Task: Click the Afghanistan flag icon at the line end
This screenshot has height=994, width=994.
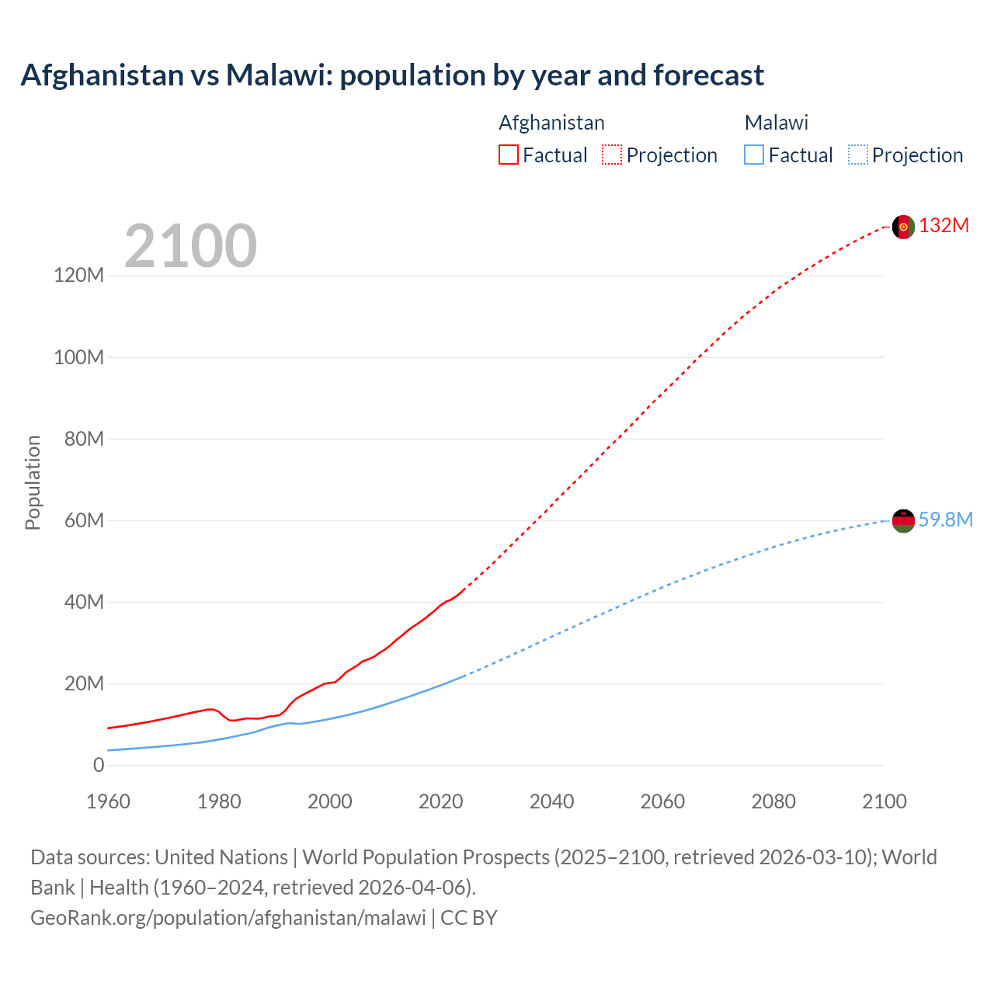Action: (x=903, y=227)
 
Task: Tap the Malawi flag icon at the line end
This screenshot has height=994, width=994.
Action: (x=903, y=521)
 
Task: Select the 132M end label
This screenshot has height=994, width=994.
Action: (x=944, y=226)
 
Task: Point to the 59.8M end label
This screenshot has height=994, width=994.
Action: (x=945, y=520)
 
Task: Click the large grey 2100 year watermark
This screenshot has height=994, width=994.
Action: (x=190, y=246)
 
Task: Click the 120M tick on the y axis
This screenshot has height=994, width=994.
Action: (x=78, y=276)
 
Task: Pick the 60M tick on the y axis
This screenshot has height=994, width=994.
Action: (x=83, y=520)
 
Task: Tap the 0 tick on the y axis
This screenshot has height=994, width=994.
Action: (x=99, y=766)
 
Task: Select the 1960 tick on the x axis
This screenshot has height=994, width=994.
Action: (x=108, y=802)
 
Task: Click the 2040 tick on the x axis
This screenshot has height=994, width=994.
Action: (x=551, y=802)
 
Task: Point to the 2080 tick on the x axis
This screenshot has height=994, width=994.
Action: (x=773, y=802)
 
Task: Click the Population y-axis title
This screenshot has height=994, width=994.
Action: (x=33, y=483)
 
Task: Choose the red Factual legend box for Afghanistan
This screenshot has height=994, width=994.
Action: (x=509, y=155)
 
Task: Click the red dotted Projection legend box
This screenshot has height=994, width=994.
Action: (x=612, y=155)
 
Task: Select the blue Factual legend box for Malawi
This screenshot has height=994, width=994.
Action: (x=754, y=155)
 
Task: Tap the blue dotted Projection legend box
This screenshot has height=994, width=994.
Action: (x=857, y=155)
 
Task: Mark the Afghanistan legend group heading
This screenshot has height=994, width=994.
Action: (x=551, y=123)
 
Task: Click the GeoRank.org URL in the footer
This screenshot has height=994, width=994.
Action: (x=228, y=918)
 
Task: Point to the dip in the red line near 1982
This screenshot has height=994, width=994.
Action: (x=232, y=721)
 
